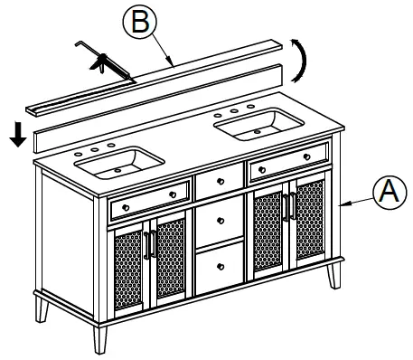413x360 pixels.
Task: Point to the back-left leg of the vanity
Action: [42, 310]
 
